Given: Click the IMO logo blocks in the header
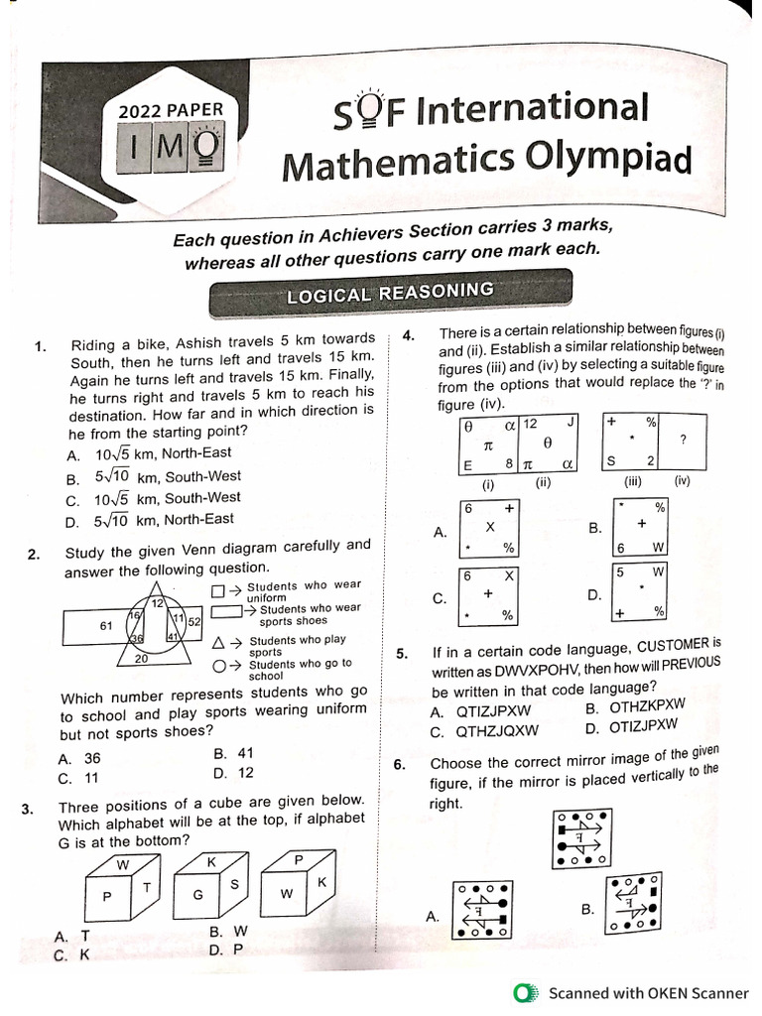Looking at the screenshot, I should click(176, 148).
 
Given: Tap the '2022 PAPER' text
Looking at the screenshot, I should click(171, 111).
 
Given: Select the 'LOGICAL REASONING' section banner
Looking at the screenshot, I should click(389, 293).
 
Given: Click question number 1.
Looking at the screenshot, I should click(40, 346).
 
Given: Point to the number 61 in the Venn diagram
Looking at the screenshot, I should click(106, 626).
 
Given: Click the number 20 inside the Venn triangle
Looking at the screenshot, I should click(141, 658).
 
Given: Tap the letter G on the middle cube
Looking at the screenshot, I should click(197, 894).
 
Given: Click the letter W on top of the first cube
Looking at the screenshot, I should click(122, 864).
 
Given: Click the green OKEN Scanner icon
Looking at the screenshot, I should click(525, 993).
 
